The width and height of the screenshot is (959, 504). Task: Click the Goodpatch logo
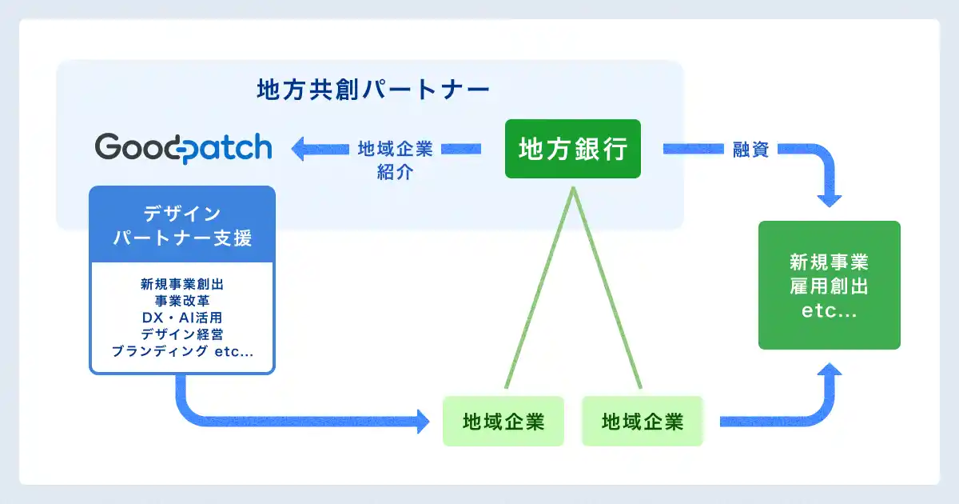click(x=183, y=148)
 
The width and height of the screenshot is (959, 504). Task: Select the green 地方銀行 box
click(x=572, y=149)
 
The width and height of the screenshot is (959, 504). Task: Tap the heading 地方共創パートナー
click(x=373, y=89)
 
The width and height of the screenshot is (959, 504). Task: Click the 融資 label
click(x=750, y=149)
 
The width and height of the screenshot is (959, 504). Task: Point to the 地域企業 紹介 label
click(x=395, y=160)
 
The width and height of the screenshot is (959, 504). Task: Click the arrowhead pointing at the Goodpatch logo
click(x=299, y=149)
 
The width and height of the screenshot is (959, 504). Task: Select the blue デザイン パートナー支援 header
click(x=182, y=225)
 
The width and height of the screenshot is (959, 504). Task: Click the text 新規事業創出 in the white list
click(x=182, y=283)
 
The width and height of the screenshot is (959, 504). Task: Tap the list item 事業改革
click(x=182, y=300)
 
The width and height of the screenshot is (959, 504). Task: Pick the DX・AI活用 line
click(x=182, y=317)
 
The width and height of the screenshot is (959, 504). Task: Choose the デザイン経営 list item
click(x=182, y=334)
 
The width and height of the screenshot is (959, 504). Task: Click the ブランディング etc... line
click(x=182, y=351)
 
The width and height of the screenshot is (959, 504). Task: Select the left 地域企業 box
click(x=503, y=421)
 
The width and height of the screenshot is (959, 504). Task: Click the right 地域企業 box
click(x=643, y=421)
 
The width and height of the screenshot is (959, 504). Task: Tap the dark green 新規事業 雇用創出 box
click(x=829, y=286)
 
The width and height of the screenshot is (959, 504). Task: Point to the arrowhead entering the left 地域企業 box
click(x=422, y=421)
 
